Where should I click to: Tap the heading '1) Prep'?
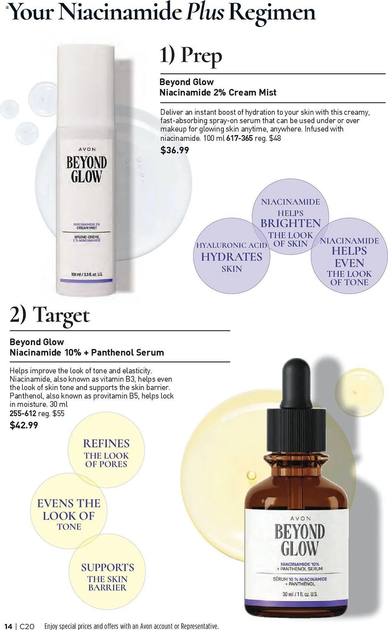point(191,56)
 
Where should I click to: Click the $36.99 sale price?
point(175,150)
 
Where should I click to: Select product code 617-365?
point(240,138)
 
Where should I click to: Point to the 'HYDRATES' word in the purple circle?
point(232,257)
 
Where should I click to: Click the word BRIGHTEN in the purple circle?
point(290,223)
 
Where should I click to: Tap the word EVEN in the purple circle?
point(349,263)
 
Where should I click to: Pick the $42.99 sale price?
point(24,425)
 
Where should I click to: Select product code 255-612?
point(23,413)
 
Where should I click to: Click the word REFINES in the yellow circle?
point(106,444)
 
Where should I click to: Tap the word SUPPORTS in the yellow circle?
point(107,567)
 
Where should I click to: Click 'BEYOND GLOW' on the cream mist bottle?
point(86,170)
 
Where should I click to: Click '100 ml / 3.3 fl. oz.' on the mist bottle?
point(87,274)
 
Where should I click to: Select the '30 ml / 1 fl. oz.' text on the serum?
point(299,594)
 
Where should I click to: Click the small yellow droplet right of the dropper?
point(355,392)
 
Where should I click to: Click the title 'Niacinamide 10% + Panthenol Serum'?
point(87,352)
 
